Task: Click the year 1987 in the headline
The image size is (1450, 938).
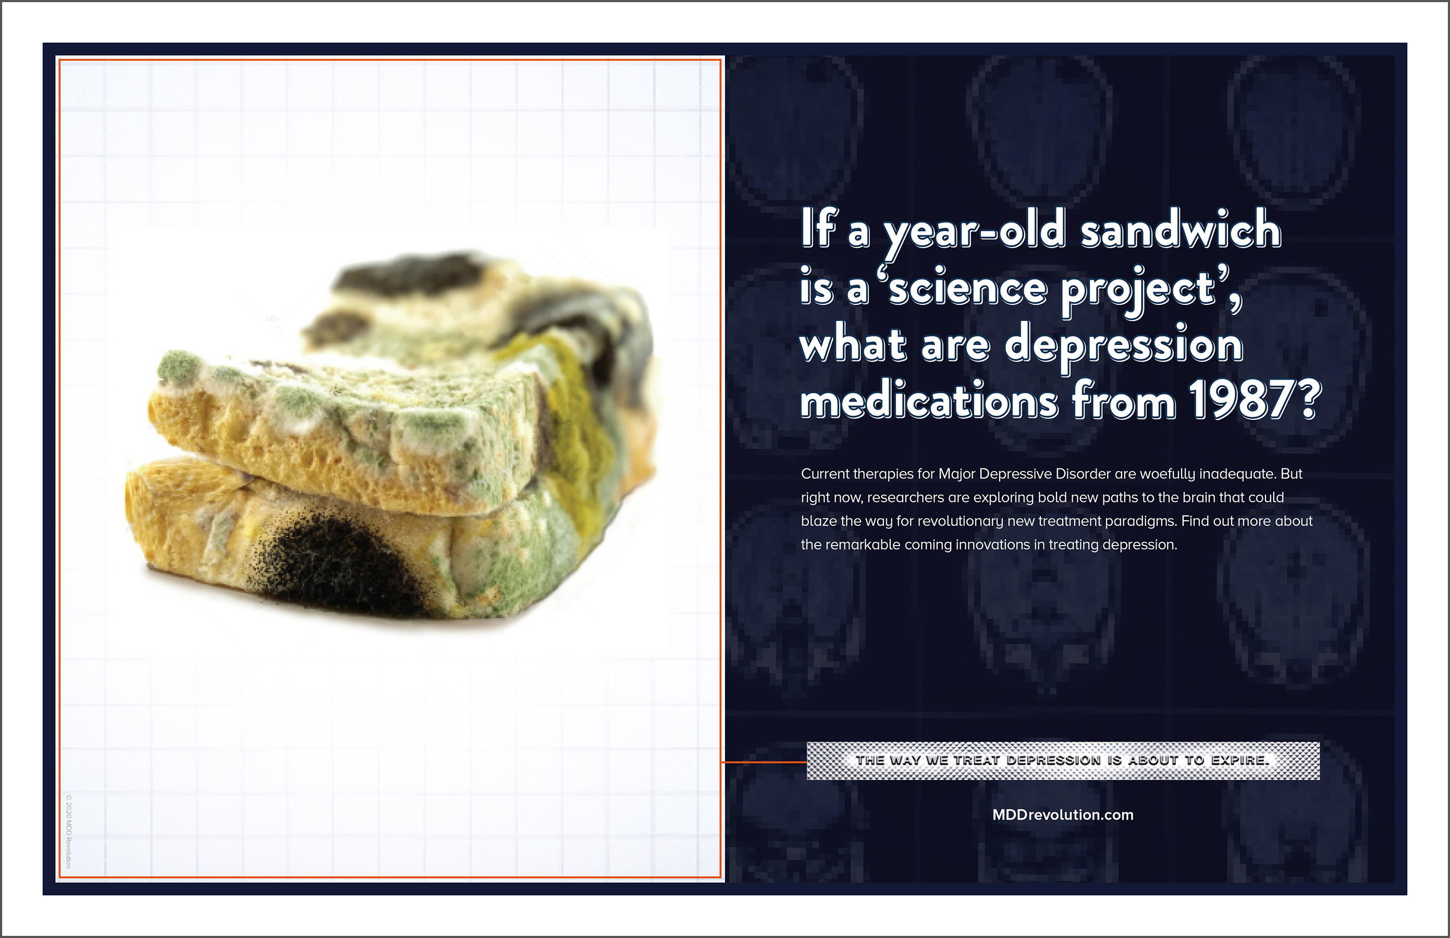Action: click(1245, 400)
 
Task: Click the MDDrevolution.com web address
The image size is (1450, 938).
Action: click(1063, 815)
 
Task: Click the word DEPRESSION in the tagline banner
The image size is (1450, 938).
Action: click(1053, 760)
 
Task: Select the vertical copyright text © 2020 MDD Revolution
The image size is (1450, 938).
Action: click(69, 831)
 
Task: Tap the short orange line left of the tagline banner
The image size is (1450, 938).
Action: click(764, 762)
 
